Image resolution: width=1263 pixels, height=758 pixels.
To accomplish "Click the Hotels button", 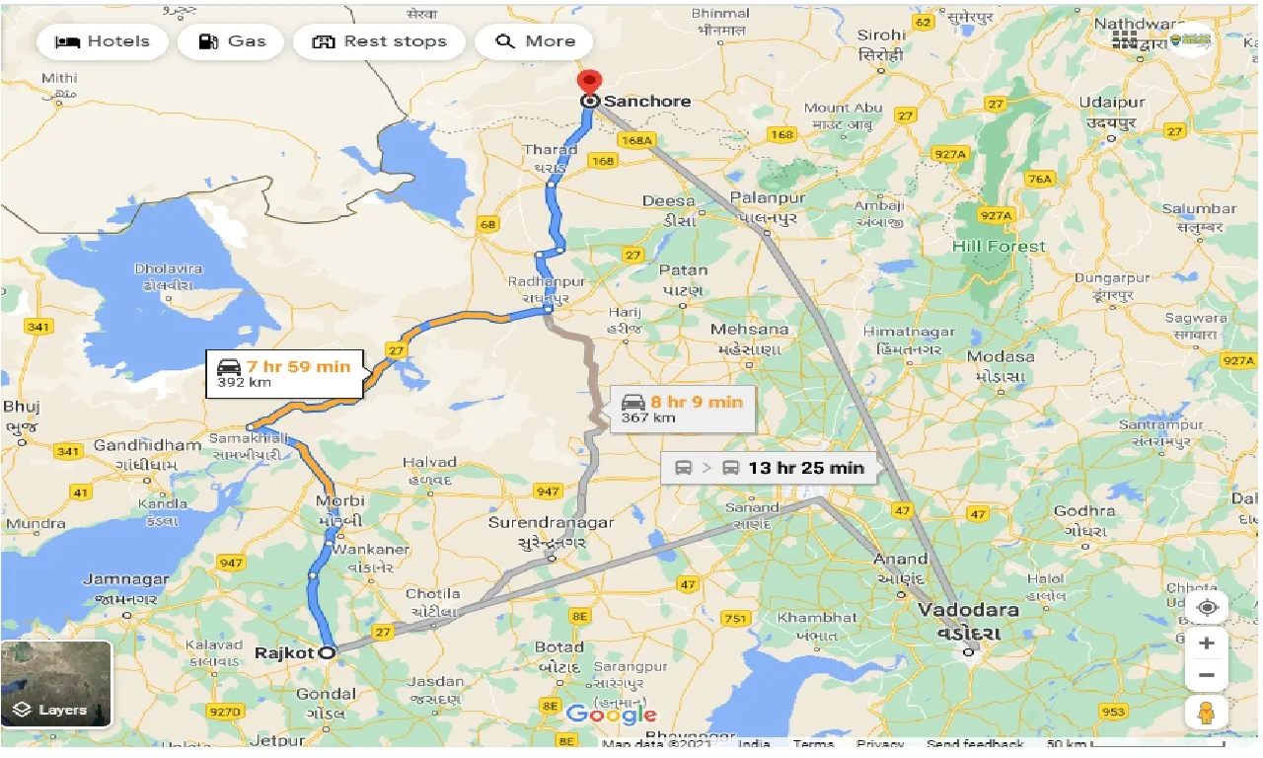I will pyautogui.click(x=102, y=41).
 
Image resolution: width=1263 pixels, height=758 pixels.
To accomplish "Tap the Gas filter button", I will pyautogui.click(x=232, y=41).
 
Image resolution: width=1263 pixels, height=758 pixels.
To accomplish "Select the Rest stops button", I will pyautogui.click(x=379, y=41).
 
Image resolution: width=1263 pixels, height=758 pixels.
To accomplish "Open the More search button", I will pyautogui.click(x=535, y=41).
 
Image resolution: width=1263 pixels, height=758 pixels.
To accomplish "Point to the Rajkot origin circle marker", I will pyautogui.click(x=327, y=651).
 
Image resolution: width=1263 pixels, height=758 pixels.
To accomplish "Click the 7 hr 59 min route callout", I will pyautogui.click(x=284, y=373).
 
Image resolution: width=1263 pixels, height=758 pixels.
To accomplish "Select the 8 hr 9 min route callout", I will pyautogui.click(x=682, y=409).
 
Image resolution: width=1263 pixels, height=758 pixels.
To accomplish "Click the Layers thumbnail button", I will pyautogui.click(x=56, y=683).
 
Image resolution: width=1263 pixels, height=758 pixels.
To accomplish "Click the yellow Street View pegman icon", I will pyautogui.click(x=1206, y=711).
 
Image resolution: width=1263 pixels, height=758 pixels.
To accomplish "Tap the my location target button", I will pyautogui.click(x=1206, y=607).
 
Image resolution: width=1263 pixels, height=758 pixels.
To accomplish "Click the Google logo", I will pyautogui.click(x=611, y=714).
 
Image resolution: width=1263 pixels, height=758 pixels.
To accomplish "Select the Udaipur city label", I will pyautogui.click(x=1112, y=103).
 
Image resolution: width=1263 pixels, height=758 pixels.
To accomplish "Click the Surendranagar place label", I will pyautogui.click(x=551, y=523).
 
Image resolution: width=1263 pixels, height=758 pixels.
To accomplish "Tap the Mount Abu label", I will pyautogui.click(x=841, y=108).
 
